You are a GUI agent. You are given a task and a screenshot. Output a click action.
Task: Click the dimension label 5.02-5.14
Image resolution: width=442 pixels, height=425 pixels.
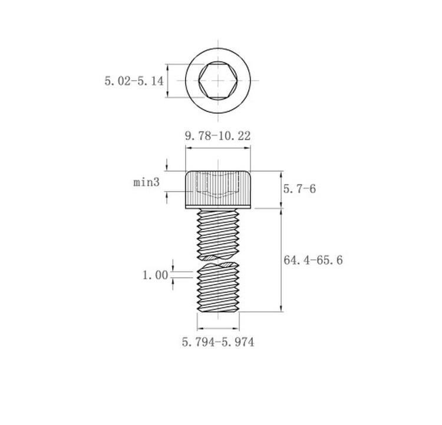[x=134, y=81]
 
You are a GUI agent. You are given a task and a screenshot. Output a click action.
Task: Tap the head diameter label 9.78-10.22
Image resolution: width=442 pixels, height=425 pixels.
[x=217, y=136]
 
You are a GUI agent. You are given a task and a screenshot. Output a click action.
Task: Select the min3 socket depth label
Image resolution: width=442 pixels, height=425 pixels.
[x=146, y=182]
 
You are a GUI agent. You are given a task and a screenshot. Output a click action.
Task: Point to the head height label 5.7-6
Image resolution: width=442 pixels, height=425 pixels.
[x=299, y=189]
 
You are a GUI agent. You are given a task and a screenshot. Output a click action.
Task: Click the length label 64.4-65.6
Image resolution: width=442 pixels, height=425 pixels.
[x=313, y=260]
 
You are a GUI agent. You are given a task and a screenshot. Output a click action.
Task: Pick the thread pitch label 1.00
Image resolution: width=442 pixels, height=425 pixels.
[x=156, y=275]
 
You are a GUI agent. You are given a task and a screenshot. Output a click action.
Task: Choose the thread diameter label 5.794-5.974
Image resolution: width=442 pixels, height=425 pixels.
[x=218, y=342]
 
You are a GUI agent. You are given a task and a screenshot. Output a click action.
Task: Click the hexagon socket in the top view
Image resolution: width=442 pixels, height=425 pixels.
[x=218, y=80]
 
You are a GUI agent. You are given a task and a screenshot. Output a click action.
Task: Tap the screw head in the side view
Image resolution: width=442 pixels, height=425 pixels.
[x=218, y=190]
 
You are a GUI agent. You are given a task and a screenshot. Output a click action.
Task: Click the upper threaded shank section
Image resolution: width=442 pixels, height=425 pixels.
[x=218, y=234]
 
